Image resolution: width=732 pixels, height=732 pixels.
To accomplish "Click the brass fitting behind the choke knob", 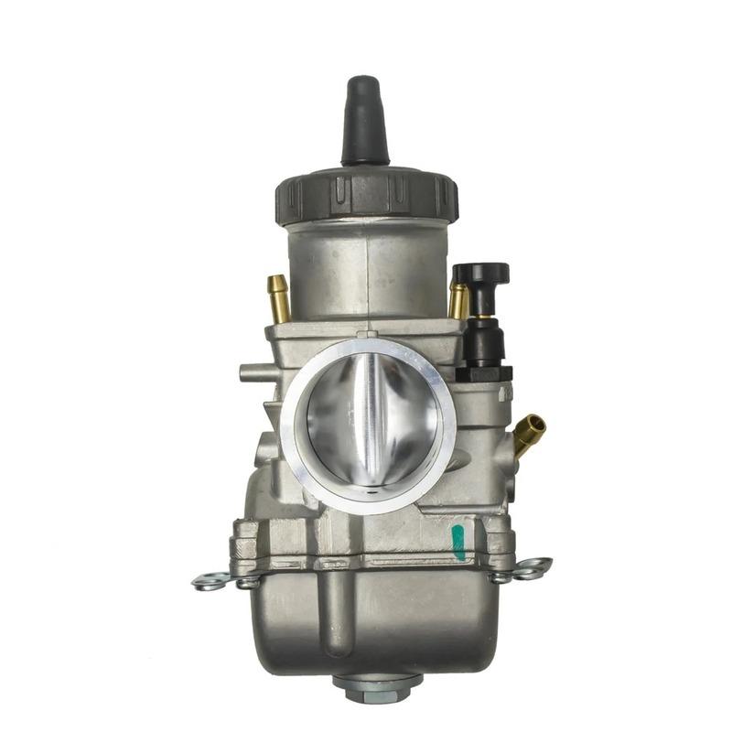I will (x=458, y=299).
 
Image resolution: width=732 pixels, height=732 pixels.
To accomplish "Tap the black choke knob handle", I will (x=480, y=274).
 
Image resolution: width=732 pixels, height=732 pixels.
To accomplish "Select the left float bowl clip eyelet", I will (x=210, y=581).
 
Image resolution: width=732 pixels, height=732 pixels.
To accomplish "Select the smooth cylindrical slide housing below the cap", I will (x=366, y=270).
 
